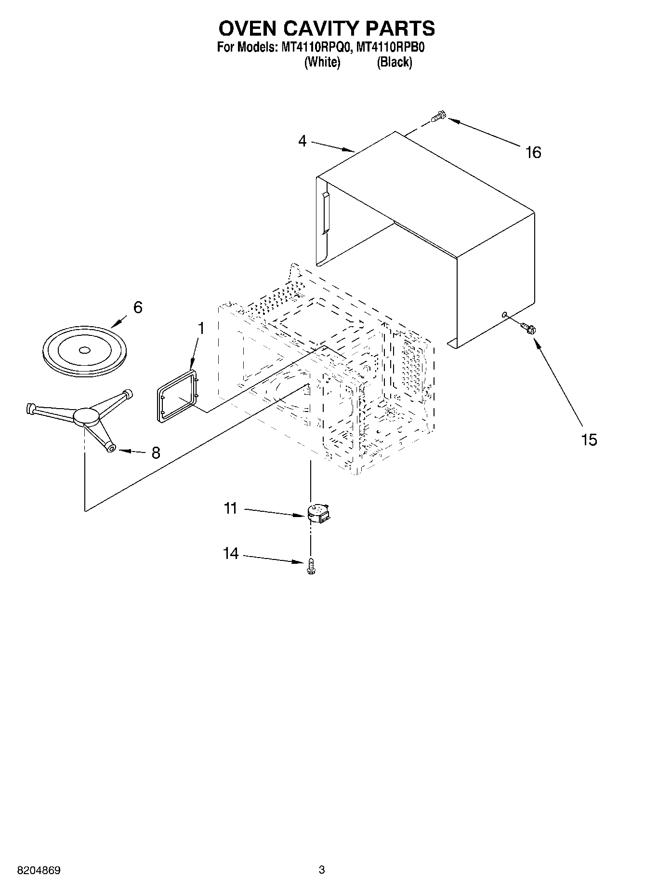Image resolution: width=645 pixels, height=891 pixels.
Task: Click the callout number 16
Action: (x=533, y=153)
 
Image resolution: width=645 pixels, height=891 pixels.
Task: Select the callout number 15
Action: (x=589, y=439)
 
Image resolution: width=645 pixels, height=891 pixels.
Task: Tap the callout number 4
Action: (x=302, y=141)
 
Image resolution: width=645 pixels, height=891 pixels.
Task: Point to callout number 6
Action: (x=138, y=307)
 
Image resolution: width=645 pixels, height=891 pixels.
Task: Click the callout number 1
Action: (x=201, y=329)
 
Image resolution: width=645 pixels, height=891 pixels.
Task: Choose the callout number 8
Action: (x=156, y=453)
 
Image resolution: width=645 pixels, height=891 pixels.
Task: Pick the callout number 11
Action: (x=231, y=508)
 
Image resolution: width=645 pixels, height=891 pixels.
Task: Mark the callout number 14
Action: (x=231, y=554)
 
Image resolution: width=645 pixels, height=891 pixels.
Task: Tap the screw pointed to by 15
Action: (x=528, y=329)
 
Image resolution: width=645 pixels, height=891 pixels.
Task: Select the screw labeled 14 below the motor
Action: (x=311, y=566)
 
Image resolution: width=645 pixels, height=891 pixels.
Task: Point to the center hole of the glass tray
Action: (x=84, y=350)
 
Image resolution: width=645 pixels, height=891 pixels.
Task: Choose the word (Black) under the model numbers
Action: (x=395, y=62)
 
